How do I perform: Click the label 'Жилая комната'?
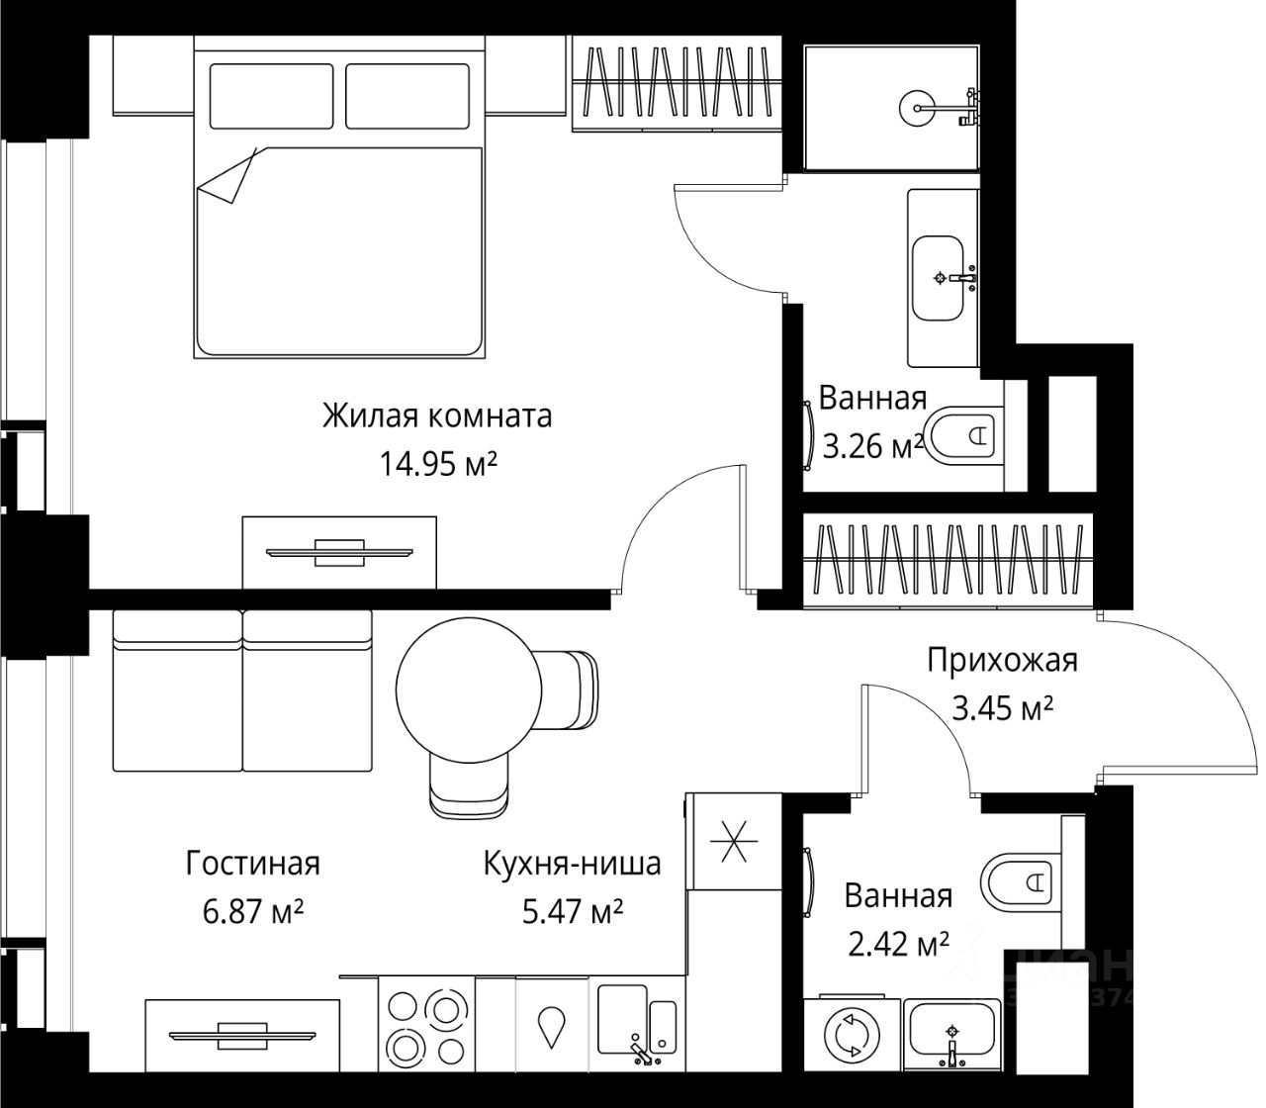click(x=437, y=416)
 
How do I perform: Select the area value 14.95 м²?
click(x=437, y=464)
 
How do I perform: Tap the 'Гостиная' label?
click(x=253, y=864)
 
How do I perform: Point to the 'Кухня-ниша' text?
click(x=572, y=864)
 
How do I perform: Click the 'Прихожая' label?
click(x=1001, y=660)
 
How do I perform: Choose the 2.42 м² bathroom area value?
click(x=897, y=945)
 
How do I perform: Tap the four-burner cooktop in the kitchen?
click(x=425, y=1027)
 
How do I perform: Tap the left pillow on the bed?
click(x=271, y=96)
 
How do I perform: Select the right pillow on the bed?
click(x=407, y=96)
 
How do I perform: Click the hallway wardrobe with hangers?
click(x=948, y=559)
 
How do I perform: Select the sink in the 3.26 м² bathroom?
click(x=939, y=277)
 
